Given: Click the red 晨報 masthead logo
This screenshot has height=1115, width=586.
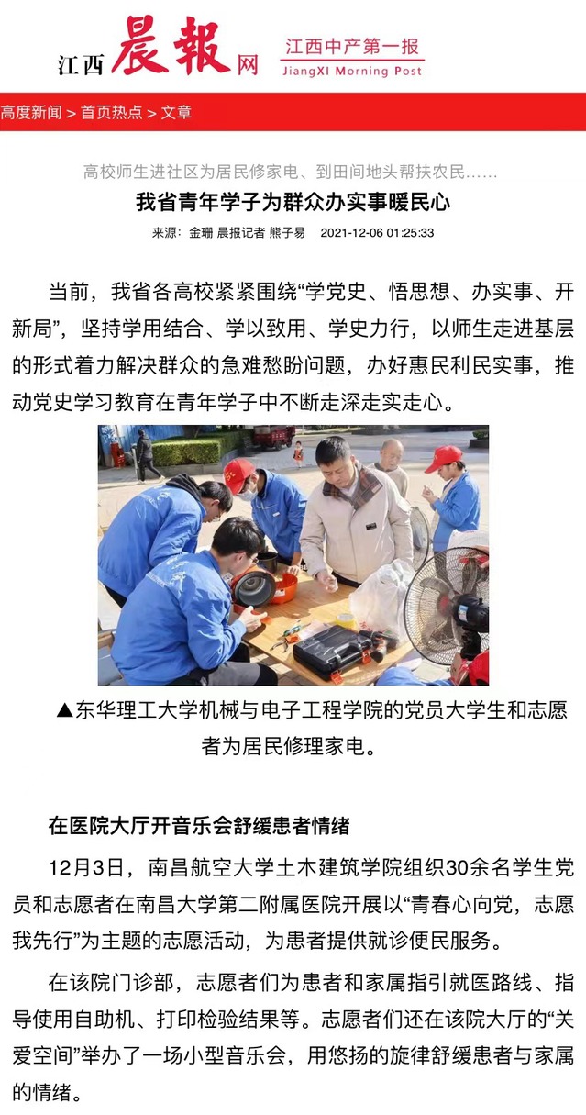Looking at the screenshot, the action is (x=171, y=45).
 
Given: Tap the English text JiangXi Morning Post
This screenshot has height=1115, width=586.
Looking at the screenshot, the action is (x=352, y=72).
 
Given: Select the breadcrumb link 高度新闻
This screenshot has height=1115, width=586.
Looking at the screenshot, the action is (x=31, y=112).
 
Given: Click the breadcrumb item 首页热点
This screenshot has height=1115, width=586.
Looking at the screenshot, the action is (x=112, y=112).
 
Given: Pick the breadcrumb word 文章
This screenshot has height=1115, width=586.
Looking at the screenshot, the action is (x=176, y=112).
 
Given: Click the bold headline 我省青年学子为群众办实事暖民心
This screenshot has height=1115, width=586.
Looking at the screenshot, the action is (x=293, y=202).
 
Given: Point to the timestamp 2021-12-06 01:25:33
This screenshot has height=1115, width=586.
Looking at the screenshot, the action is (x=377, y=233).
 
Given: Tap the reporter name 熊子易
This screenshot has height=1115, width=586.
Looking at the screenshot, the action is (x=287, y=233).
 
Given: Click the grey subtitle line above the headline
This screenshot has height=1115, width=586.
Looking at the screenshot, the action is (x=290, y=172).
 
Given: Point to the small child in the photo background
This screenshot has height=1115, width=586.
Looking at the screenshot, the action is (x=298, y=453).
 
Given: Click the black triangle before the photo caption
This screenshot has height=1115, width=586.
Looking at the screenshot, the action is (x=65, y=709).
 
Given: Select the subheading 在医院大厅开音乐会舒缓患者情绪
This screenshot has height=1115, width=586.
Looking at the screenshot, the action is (x=199, y=826).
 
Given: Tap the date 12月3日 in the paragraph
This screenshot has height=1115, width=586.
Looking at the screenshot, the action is (x=85, y=868).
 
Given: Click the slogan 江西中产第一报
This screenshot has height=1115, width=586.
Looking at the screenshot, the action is (x=352, y=47).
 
